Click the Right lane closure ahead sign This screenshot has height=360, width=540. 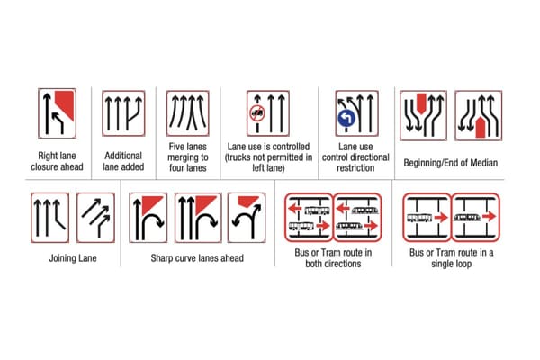(x=57, y=113)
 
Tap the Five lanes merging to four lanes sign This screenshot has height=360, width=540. (x=187, y=113)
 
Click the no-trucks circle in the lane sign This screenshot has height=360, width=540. (x=256, y=117)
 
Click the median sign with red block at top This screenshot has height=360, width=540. (x=422, y=113)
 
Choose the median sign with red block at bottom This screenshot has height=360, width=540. (x=476, y=113)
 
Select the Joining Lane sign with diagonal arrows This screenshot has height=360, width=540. (x=96, y=217)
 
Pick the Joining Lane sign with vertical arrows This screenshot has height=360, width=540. (x=49, y=217)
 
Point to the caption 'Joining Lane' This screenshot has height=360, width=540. (x=73, y=258)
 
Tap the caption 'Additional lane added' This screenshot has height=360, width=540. (x=123, y=161)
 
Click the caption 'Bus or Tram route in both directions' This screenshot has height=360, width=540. (x=333, y=258)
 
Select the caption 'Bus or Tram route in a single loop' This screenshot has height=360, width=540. (x=448, y=258)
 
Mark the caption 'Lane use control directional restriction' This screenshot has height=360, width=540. (x=356, y=156)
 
